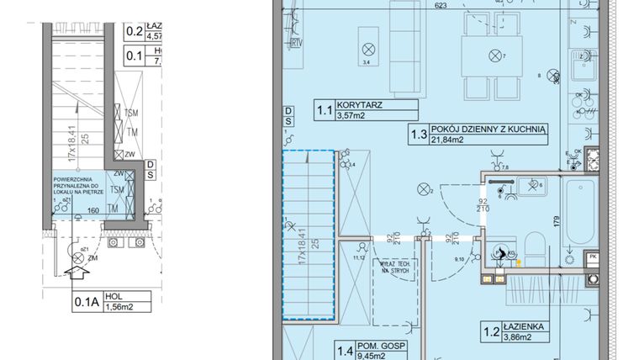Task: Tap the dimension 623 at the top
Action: (440, 5)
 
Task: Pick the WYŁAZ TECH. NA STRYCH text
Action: (394, 267)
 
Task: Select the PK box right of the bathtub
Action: (592, 257)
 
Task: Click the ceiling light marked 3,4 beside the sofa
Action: (367, 48)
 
